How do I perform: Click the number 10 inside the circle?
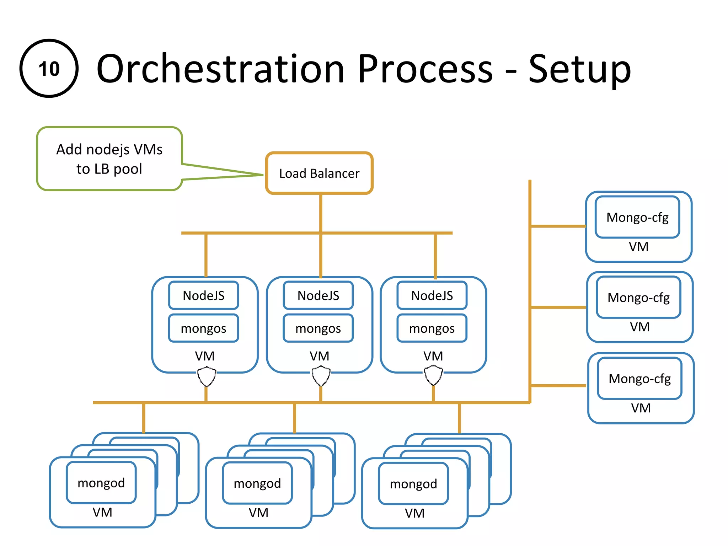(49, 69)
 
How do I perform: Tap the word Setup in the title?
(579, 70)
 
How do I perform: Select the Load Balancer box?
(319, 173)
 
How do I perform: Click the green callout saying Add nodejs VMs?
(109, 159)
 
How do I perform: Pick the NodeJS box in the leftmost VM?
(203, 295)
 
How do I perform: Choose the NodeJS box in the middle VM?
(318, 295)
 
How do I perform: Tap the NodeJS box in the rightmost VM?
(432, 295)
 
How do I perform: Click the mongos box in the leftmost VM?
(203, 328)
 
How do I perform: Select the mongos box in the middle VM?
(318, 328)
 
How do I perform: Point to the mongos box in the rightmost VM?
(432, 328)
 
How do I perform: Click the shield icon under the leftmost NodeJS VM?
(207, 377)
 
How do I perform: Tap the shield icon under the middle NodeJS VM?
(321, 376)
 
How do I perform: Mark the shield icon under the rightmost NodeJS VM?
(433, 376)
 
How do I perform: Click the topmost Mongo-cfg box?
(637, 217)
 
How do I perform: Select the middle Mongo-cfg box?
(638, 298)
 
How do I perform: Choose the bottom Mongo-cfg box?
(639, 379)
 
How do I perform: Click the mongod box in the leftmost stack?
(101, 483)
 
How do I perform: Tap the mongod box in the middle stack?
(257, 483)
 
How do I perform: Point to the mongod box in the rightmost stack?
(413, 483)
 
